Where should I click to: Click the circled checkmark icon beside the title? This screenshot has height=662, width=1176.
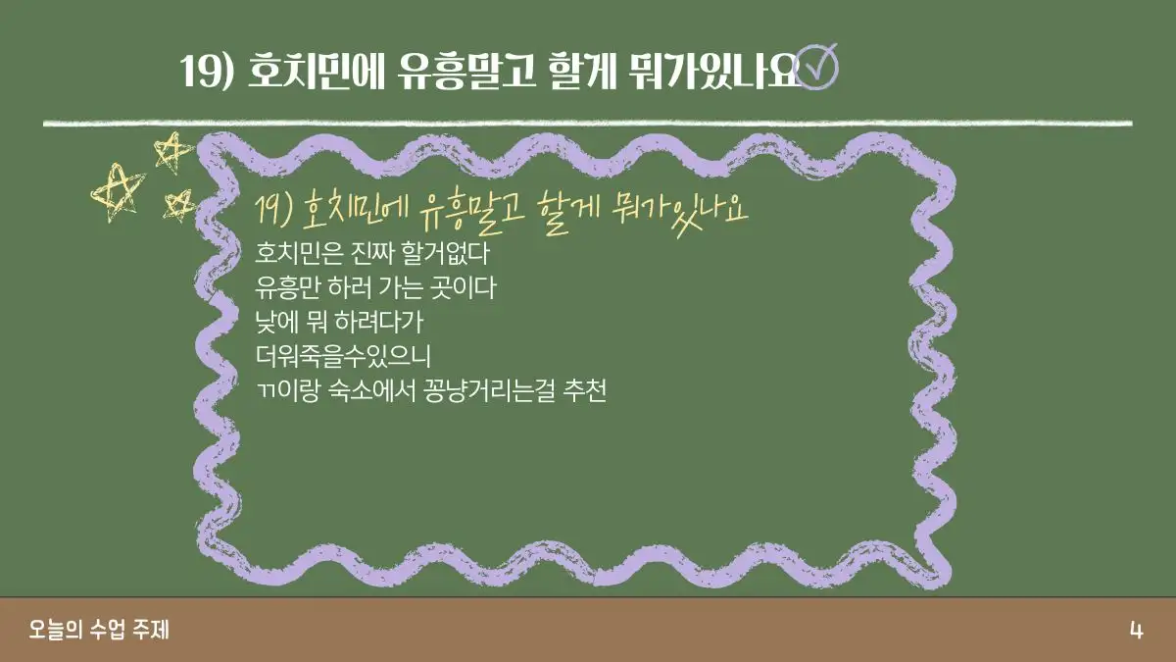817,69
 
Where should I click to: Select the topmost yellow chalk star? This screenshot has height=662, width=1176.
172,152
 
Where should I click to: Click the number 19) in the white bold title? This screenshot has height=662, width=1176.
207,71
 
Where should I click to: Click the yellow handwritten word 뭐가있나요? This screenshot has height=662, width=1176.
680,211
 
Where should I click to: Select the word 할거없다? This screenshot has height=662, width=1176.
445,253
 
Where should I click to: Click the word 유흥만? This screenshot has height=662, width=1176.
288,287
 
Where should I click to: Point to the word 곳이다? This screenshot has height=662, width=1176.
463,287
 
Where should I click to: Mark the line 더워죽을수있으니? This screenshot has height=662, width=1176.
343,356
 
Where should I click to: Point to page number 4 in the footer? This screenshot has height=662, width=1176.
1136,630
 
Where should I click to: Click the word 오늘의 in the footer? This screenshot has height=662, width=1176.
56,630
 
